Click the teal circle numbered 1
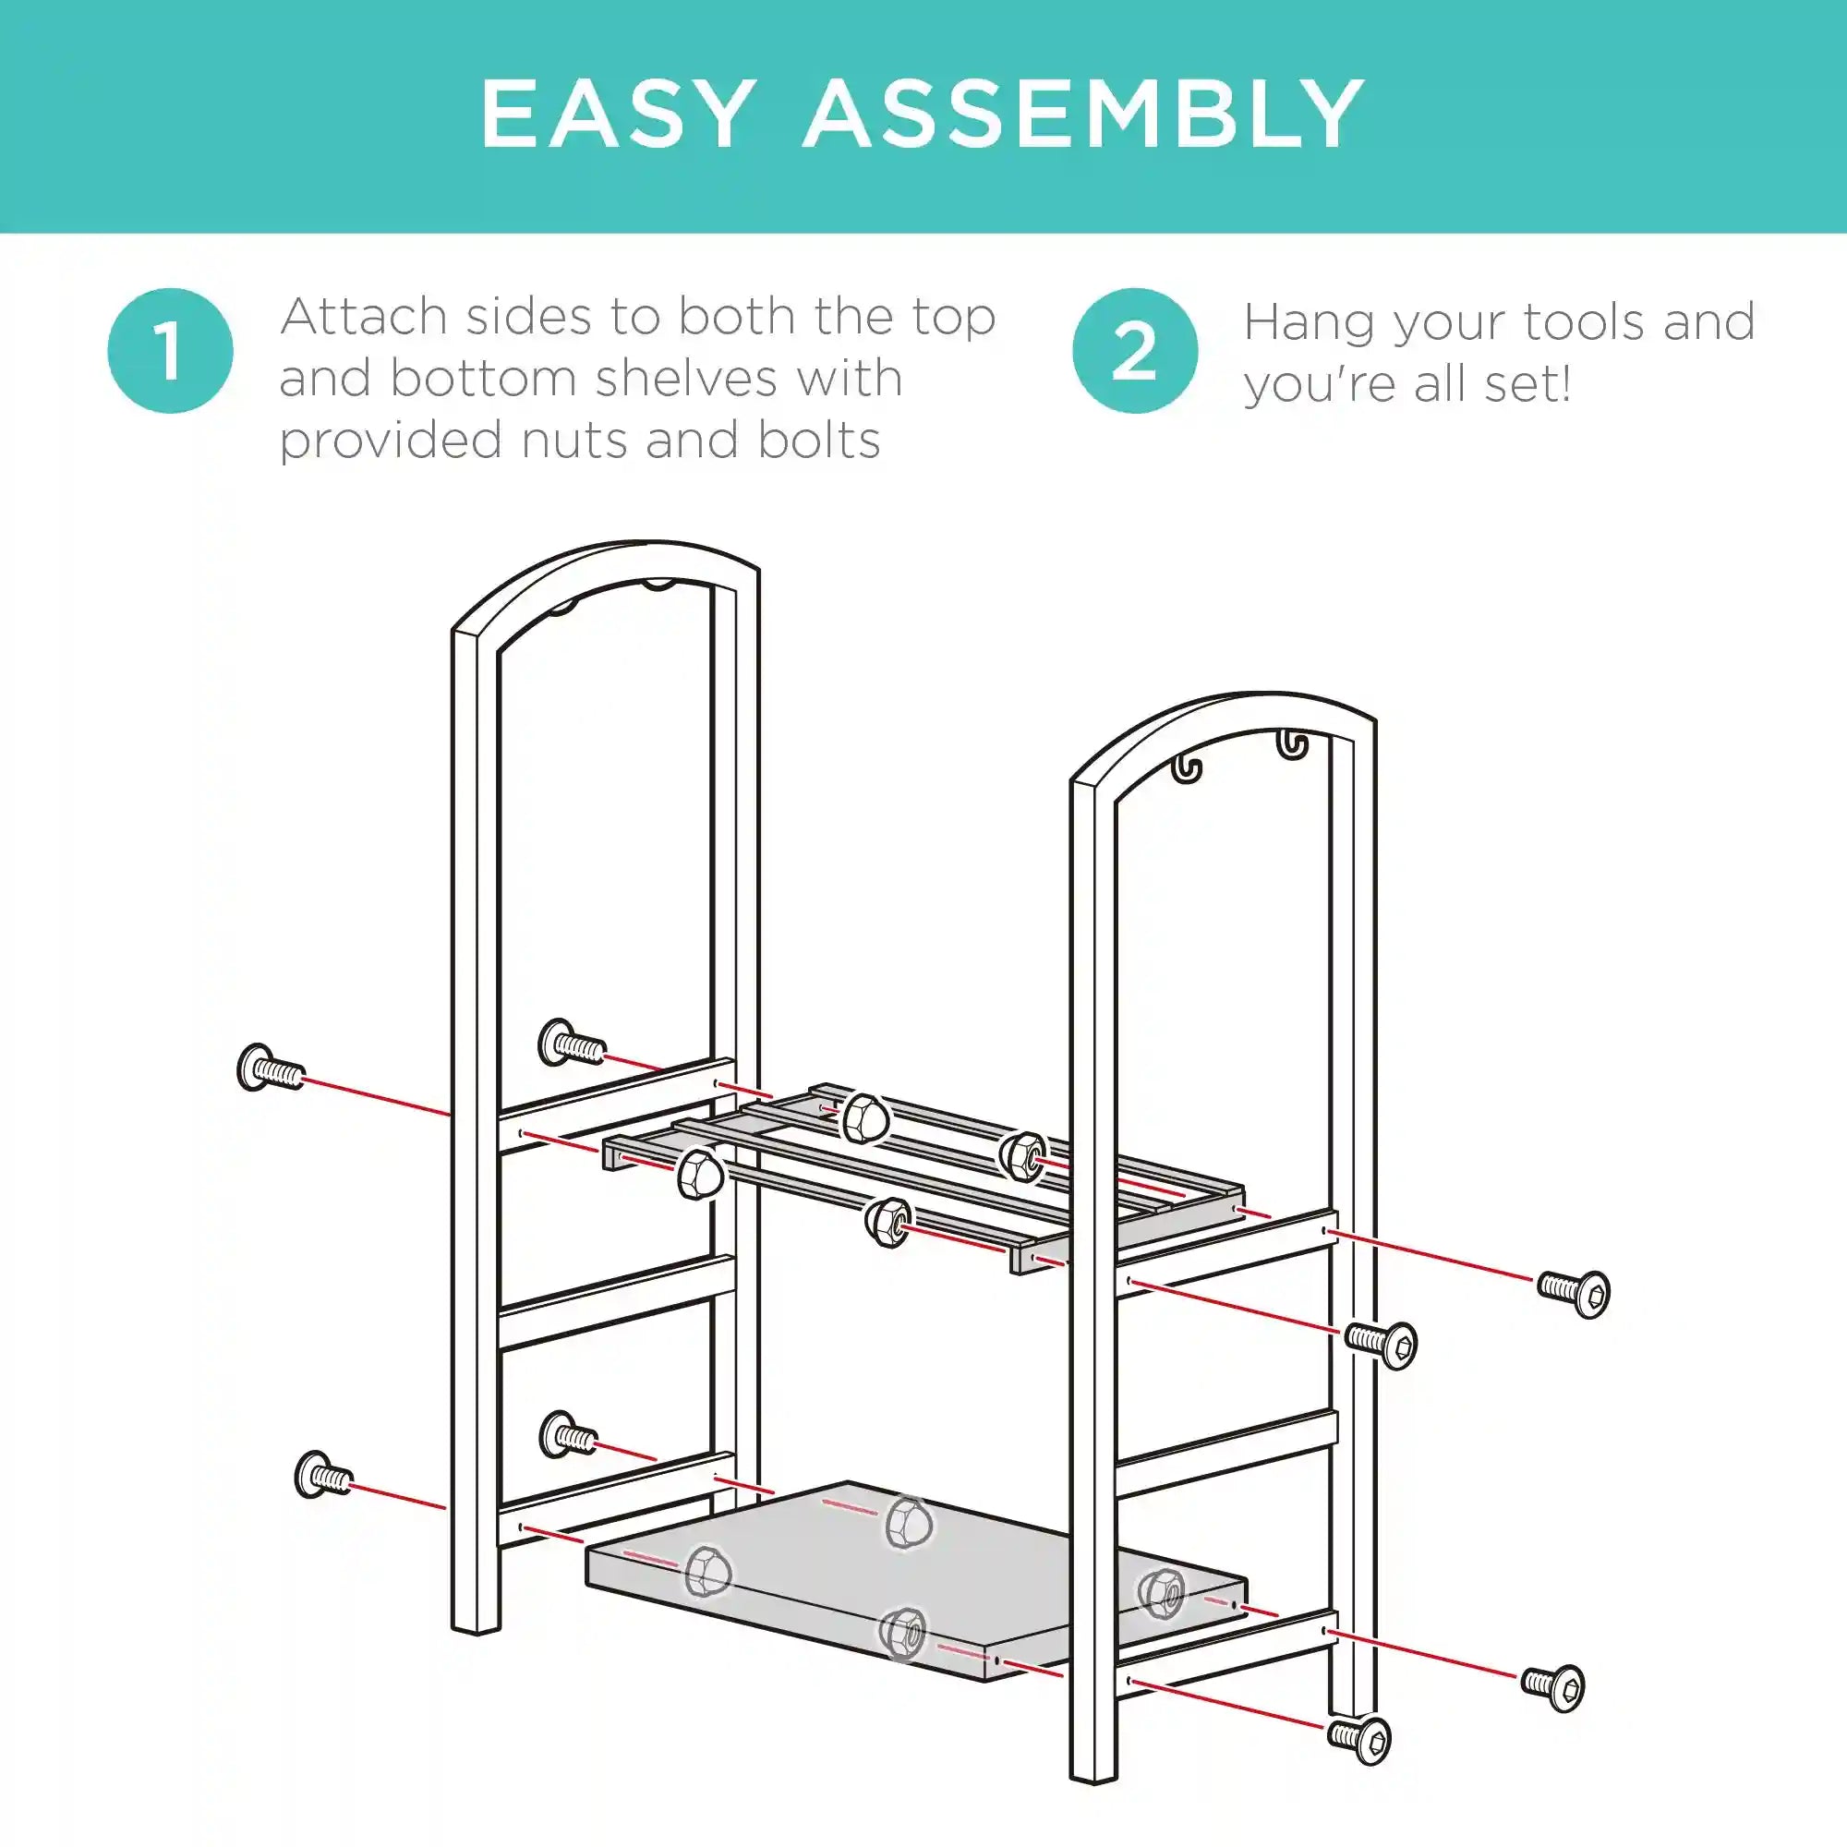click(170, 351)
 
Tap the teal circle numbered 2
click(1135, 351)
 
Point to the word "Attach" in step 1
click(364, 317)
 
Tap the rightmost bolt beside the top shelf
click(1574, 1293)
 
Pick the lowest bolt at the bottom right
click(1359, 1738)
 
